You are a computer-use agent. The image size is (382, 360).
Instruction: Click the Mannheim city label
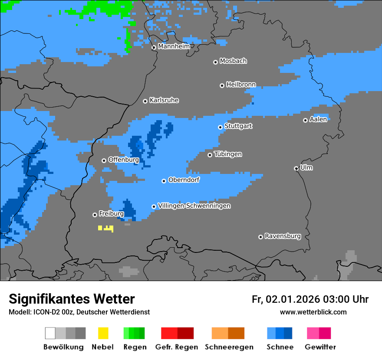(174, 46)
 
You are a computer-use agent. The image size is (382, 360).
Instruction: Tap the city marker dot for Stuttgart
(220, 127)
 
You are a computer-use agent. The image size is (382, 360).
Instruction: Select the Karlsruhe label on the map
(164, 100)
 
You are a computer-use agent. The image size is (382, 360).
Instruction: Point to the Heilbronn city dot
(222, 85)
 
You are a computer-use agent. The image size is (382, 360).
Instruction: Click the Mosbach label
(233, 61)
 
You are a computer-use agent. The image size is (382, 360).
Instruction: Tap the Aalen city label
(318, 119)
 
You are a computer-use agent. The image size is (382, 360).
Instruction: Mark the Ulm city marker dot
(296, 168)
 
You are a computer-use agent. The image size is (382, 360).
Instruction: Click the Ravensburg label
(283, 236)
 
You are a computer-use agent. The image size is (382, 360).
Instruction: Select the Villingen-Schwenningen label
(194, 206)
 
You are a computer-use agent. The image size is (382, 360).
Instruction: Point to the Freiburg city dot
(95, 215)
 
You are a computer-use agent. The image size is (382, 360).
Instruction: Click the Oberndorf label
(184, 180)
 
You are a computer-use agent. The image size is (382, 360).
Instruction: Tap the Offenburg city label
(124, 160)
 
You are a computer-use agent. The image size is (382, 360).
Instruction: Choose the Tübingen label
(228, 154)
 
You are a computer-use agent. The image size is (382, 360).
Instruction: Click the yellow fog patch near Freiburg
(106, 228)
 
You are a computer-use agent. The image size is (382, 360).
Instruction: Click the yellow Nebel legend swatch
(103, 333)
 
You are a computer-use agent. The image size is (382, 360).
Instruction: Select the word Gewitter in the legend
(320, 347)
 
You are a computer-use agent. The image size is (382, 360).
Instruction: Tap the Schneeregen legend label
(229, 347)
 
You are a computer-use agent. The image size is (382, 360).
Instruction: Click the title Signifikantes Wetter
(72, 299)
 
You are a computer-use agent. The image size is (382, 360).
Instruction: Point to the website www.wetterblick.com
(313, 312)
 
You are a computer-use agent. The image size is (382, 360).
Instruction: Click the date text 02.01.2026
(293, 299)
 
